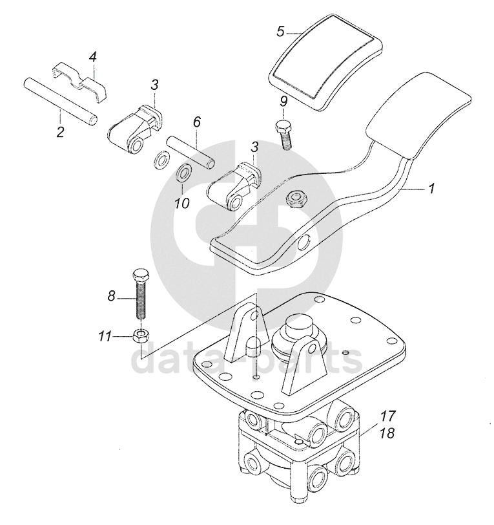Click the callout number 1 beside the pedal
[431, 189]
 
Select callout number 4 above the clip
[93, 58]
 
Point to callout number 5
[280, 31]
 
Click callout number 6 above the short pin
[197, 121]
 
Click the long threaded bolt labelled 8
[141, 294]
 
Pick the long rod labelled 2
[60, 100]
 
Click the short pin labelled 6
[190, 150]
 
